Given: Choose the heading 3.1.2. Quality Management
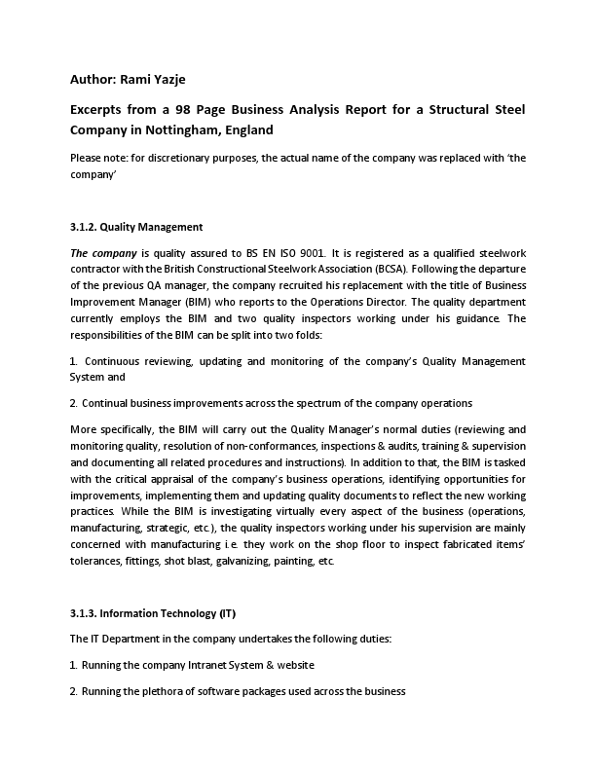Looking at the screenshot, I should point(136,228).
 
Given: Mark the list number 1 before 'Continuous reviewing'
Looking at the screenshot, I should point(74,361).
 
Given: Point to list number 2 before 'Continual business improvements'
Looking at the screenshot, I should point(74,402).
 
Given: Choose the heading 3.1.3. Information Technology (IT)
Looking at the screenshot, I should point(153,614).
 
